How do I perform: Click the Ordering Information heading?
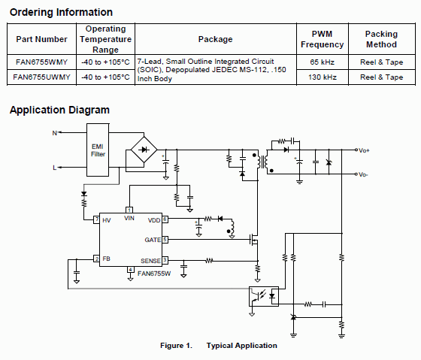pyautogui.click(x=61, y=12)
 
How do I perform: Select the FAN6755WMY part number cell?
pyautogui.click(x=41, y=62)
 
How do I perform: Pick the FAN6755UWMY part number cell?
pyautogui.click(x=41, y=77)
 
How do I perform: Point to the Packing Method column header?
pyautogui.click(x=380, y=39)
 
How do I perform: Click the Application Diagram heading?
pyautogui.click(x=59, y=110)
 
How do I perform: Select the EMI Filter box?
pyautogui.click(x=98, y=150)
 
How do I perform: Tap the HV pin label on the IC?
pyautogui.click(x=106, y=220)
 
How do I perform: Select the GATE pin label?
pyautogui.click(x=153, y=239)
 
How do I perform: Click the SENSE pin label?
pyautogui.click(x=150, y=259)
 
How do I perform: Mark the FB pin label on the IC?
pyautogui.click(x=106, y=259)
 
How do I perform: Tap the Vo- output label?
pyautogui.click(x=364, y=174)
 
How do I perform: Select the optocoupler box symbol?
pyautogui.click(x=265, y=295)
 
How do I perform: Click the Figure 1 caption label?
pyautogui.click(x=177, y=346)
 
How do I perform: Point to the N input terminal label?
pyautogui.click(x=54, y=133)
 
